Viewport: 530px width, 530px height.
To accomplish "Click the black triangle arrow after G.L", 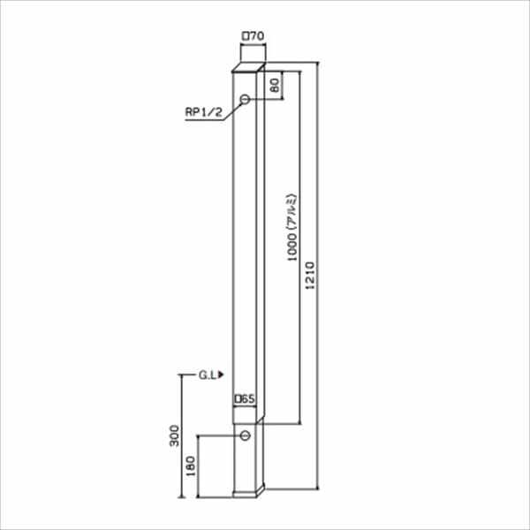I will point(221,375).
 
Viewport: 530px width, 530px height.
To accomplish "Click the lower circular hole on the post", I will point(246,435).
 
